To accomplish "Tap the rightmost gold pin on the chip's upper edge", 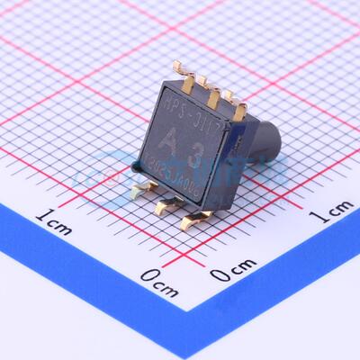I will click(237, 101).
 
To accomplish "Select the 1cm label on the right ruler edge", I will click(332, 211).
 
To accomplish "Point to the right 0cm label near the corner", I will click(233, 269).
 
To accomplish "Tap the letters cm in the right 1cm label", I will click(339, 210).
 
